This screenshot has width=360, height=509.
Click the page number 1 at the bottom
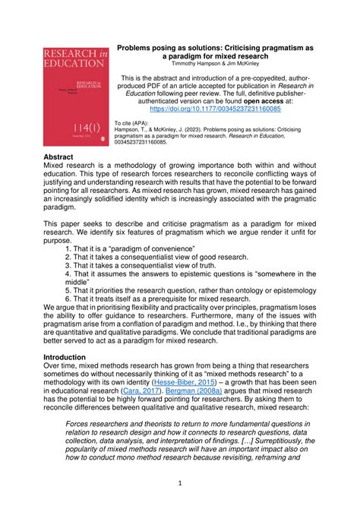coord(180,482)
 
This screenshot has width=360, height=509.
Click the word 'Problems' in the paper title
coord(139,46)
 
